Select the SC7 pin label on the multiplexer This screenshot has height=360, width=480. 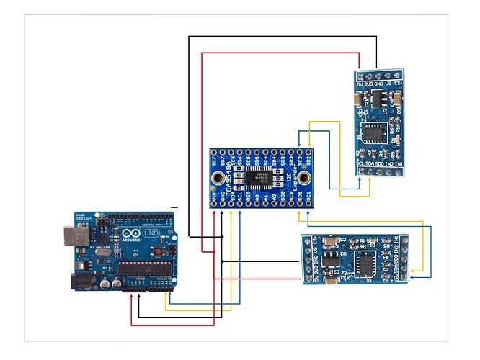click(x=214, y=162)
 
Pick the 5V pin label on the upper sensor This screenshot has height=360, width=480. click(x=360, y=84)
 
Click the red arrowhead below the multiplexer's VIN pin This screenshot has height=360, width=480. click(x=214, y=213)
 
